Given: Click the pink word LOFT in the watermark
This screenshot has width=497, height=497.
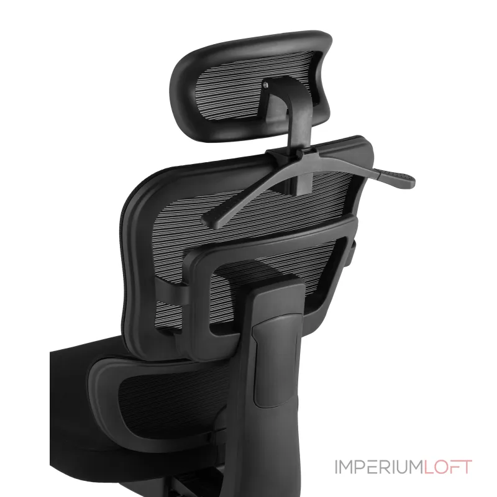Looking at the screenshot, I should point(448,467).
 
